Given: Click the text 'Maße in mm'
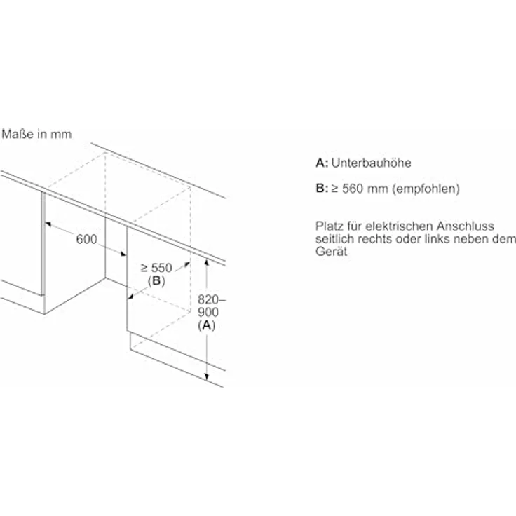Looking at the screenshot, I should tap(36, 133).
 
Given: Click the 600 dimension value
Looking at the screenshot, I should tap(86, 240).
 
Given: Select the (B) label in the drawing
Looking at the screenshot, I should tap(156, 281).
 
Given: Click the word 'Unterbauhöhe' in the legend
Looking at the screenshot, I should tap(372, 163).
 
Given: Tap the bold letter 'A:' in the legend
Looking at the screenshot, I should tap(322, 163).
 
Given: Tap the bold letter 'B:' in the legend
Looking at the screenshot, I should tap(322, 189).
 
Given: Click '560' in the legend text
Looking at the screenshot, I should tap(352, 189).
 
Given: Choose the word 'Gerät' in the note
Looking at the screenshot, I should tap(331, 252).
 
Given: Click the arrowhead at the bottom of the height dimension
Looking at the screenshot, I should tap(208, 379).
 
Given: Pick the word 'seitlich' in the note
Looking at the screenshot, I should tap(335, 239).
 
